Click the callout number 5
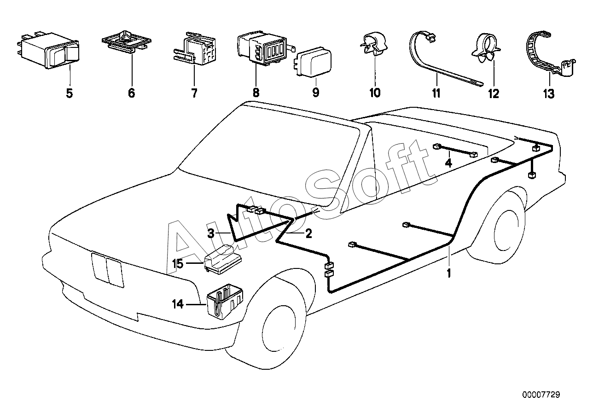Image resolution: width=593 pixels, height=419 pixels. pos(69,93)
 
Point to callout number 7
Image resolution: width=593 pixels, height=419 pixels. pos(194,93)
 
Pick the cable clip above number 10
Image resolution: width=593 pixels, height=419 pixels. pos(374,45)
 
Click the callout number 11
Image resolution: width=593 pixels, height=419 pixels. pos(436,93)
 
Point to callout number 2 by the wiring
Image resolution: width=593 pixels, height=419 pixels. pos(308,234)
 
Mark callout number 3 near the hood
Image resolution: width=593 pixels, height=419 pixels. pos(211,234)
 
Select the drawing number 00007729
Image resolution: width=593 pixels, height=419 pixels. pos(541,395)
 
